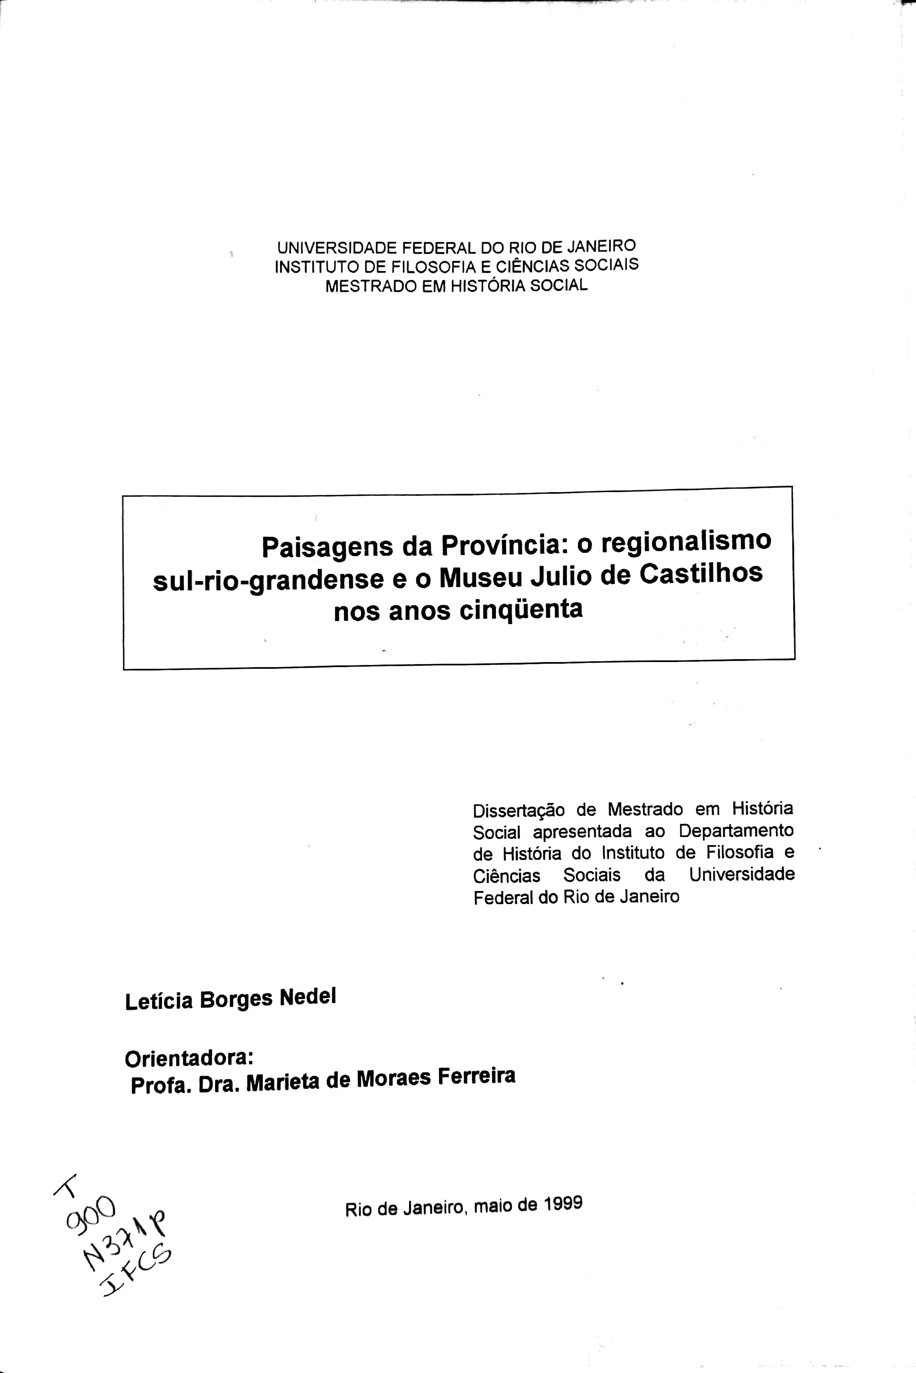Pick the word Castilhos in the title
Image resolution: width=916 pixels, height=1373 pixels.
click(700, 573)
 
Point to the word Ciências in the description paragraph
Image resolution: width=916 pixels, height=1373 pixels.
click(506, 876)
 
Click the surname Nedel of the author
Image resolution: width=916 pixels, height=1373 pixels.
click(307, 997)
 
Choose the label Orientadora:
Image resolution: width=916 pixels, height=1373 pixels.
click(189, 1058)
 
